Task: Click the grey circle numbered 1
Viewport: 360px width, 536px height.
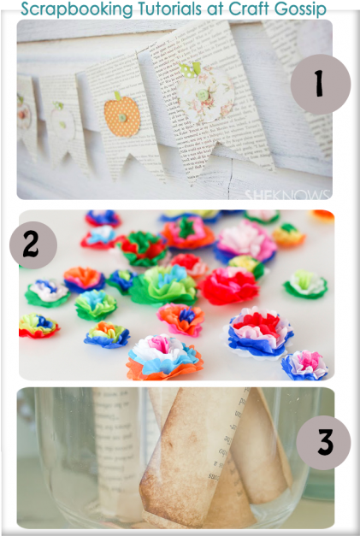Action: click(x=320, y=84)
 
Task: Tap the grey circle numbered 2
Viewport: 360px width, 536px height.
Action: click(x=32, y=245)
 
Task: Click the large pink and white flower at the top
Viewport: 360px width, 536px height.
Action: click(x=245, y=240)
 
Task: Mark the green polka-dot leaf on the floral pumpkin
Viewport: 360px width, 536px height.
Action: click(x=190, y=68)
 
